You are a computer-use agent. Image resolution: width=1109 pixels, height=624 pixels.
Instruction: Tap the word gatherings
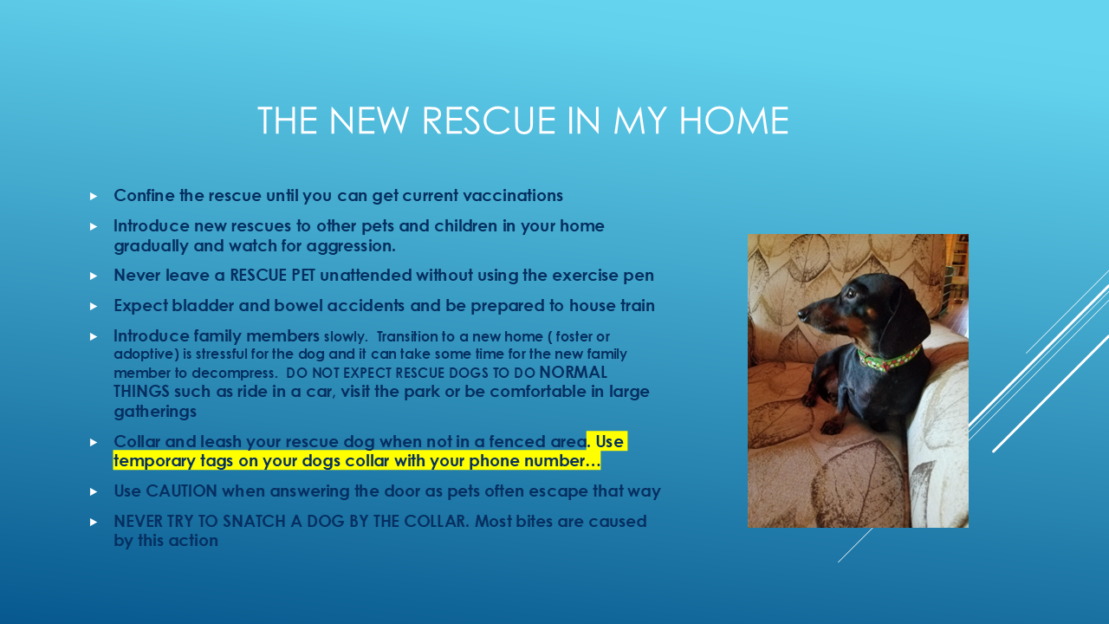[x=155, y=412]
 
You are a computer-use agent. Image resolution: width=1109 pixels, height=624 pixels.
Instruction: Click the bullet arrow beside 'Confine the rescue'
[x=94, y=197]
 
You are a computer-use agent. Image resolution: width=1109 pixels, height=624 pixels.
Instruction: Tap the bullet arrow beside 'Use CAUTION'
[x=94, y=492]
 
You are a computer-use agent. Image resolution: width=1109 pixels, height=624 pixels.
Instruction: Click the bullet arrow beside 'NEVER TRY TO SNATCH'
[x=94, y=523]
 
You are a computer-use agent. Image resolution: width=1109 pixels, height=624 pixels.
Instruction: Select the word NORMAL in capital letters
[x=573, y=373]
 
